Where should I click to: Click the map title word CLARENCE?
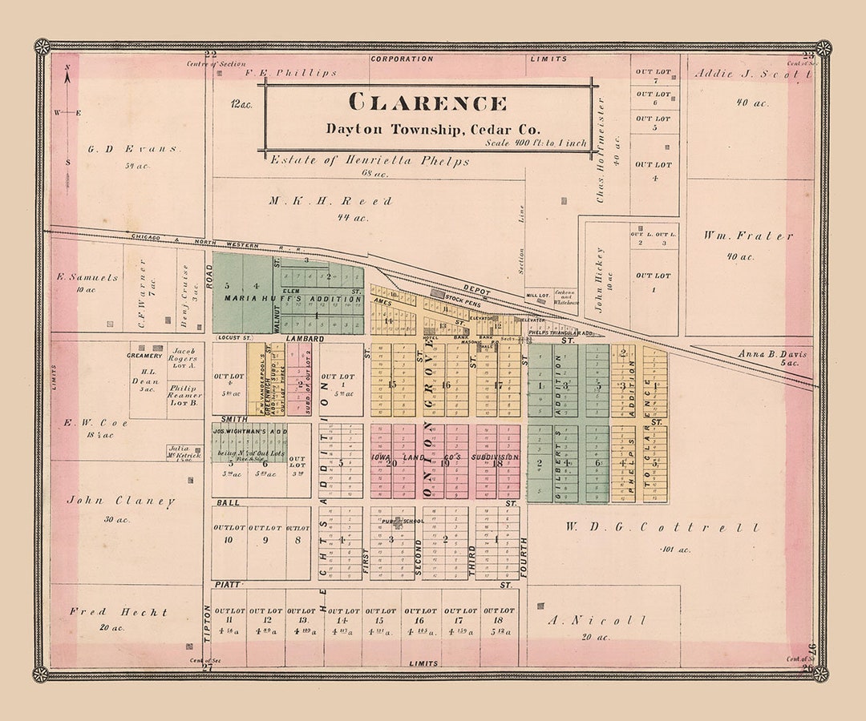[x=427, y=103]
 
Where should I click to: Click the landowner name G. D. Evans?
[x=133, y=148]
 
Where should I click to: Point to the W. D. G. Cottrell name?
[x=662, y=527]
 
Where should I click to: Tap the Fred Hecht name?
[x=119, y=612]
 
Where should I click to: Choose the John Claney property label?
[x=121, y=501]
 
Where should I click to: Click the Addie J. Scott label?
[x=752, y=74]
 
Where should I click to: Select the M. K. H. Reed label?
[x=330, y=201]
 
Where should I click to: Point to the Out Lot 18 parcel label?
[x=499, y=615]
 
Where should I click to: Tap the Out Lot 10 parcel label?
[x=229, y=534]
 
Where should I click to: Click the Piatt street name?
[x=228, y=586]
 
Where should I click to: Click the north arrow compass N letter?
[x=67, y=67]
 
